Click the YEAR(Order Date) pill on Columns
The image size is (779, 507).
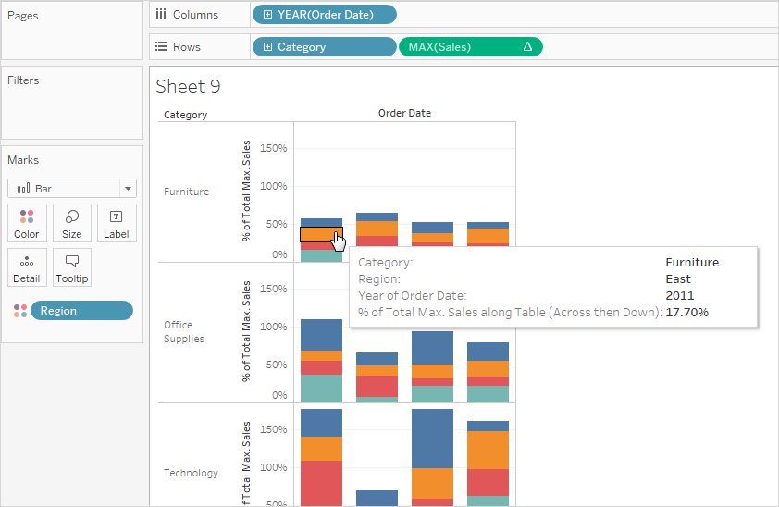click(324, 14)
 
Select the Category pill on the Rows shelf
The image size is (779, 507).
click(324, 47)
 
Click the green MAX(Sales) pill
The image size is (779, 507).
click(470, 47)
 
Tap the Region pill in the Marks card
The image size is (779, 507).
click(81, 311)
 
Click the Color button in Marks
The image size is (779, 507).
click(27, 223)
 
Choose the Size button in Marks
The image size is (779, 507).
click(72, 223)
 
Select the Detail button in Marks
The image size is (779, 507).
click(27, 267)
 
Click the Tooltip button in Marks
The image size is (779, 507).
click(72, 267)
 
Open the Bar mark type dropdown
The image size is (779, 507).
click(72, 188)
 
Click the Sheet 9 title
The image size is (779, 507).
click(188, 87)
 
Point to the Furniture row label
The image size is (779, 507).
click(186, 192)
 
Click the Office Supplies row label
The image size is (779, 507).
click(184, 331)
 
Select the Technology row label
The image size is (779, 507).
click(191, 473)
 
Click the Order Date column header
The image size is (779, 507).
click(404, 113)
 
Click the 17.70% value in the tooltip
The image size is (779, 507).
click(687, 313)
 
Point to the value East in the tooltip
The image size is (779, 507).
click(678, 278)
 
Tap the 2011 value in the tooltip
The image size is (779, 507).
click(679, 295)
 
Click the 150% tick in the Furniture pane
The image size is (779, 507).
click(274, 148)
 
